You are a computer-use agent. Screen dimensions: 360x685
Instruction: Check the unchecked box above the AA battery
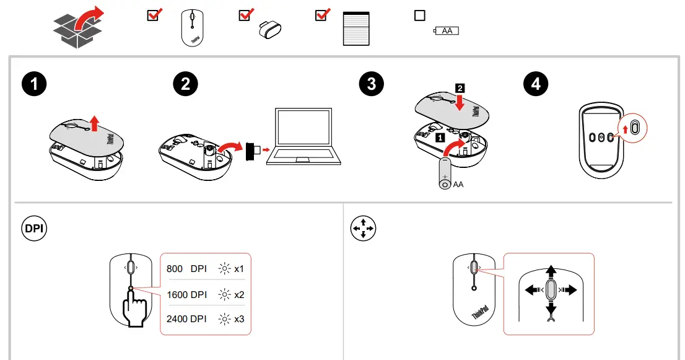[420, 15]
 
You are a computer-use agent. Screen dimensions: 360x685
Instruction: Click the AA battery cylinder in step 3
[445, 173]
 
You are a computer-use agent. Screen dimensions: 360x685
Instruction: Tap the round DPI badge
[34, 229]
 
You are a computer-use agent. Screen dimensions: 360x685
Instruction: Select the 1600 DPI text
[186, 294]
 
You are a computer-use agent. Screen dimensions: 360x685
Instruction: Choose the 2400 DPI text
[186, 319]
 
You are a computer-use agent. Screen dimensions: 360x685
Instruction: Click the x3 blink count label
[239, 319]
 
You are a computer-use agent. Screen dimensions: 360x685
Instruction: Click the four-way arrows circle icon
[363, 229]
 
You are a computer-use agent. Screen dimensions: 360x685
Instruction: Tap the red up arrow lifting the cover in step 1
[94, 123]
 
